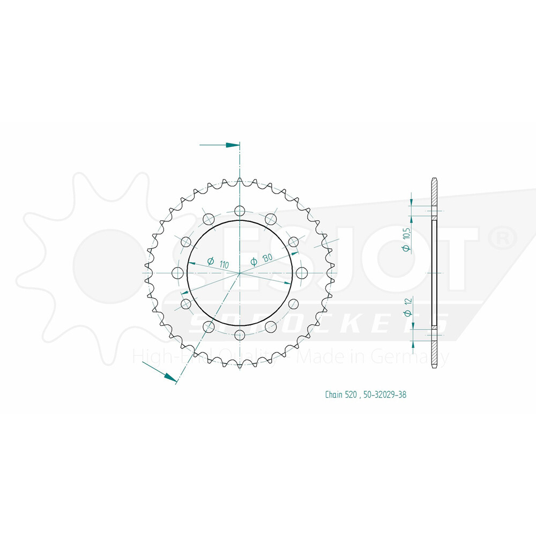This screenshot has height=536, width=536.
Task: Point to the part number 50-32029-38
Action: pyautogui.click(x=385, y=395)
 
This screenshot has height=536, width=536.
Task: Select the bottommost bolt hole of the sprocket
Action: pyautogui.click(x=240, y=336)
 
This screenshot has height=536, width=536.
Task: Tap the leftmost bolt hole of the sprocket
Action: pyautogui.click(x=176, y=273)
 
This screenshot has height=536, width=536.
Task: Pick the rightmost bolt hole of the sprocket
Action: pyautogui.click(x=303, y=273)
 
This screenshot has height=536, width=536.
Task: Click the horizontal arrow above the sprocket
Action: pyautogui.click(x=220, y=145)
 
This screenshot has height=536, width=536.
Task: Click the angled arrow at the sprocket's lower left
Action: pyautogui.click(x=161, y=372)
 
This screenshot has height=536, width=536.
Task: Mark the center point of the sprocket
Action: pyautogui.click(x=240, y=273)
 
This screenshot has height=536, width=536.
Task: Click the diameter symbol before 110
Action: pyautogui.click(x=210, y=262)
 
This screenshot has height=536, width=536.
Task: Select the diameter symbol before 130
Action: pyautogui.click(x=254, y=262)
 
